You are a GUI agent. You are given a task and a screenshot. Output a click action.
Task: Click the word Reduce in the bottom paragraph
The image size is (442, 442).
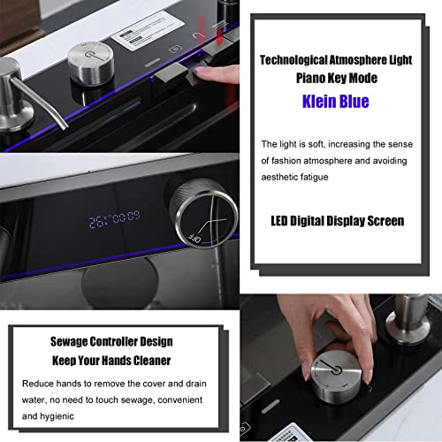(x=34, y=385)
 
